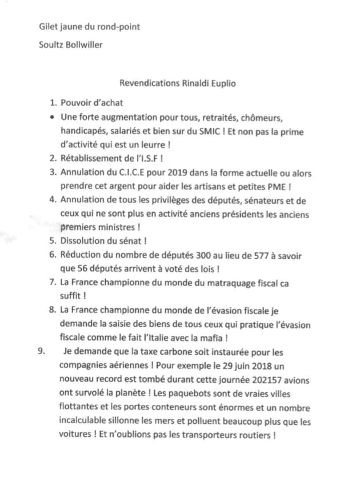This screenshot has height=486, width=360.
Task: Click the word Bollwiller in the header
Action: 83,45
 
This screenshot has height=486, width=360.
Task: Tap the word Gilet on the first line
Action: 48,27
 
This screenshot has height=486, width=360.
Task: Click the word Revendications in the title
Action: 147,83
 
